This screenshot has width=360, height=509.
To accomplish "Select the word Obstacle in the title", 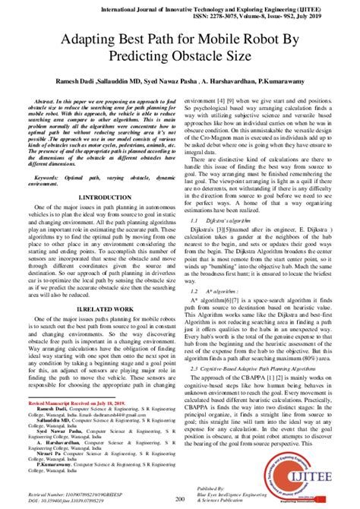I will [x=201, y=57].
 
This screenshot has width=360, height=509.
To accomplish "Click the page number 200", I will [x=180, y=498].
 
